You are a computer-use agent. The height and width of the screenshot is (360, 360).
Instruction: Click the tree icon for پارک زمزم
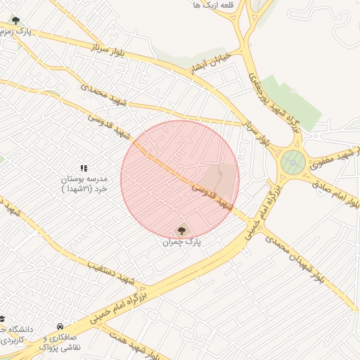[16, 21]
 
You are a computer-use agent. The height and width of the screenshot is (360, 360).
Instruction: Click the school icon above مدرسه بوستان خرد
[83, 168]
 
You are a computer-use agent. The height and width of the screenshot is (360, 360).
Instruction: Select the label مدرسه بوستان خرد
[83, 184]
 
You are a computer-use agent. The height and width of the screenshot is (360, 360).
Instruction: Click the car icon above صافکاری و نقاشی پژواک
[60, 328]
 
